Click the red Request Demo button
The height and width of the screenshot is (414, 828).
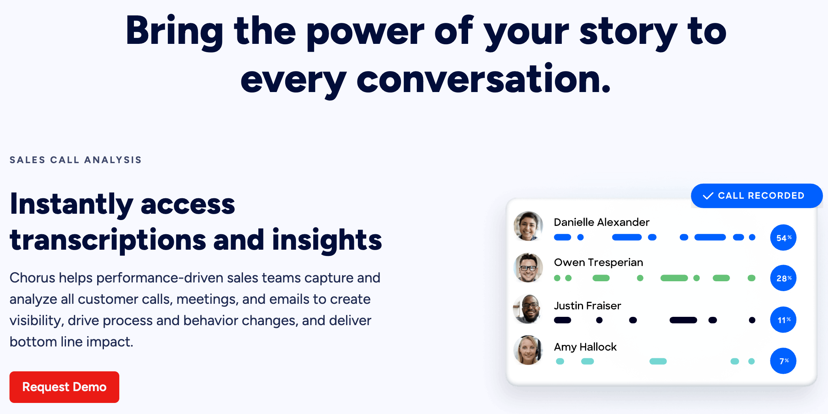click(x=64, y=387)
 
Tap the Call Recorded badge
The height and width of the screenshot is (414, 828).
click(x=756, y=196)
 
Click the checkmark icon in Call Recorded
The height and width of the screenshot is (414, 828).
click(x=708, y=196)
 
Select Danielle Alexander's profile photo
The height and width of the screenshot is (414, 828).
click(x=528, y=226)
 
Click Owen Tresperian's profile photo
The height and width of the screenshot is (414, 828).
click(x=528, y=267)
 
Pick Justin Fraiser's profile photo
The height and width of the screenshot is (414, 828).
click(x=528, y=309)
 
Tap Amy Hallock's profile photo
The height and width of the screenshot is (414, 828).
click(x=528, y=350)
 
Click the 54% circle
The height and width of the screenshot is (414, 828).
click(x=783, y=237)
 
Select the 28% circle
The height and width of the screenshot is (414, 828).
click(x=783, y=278)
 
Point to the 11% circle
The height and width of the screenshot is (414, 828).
click(x=783, y=320)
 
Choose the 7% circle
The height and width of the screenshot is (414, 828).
click(x=783, y=361)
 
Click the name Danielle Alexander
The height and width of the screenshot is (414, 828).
click(x=602, y=222)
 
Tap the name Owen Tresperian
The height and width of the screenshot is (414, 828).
click(x=598, y=263)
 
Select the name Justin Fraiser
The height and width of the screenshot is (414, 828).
click(x=587, y=306)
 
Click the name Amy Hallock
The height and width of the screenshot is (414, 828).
click(x=585, y=347)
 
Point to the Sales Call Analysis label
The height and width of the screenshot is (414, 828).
click(x=75, y=160)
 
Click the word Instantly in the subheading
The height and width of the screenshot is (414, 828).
click(x=72, y=205)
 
